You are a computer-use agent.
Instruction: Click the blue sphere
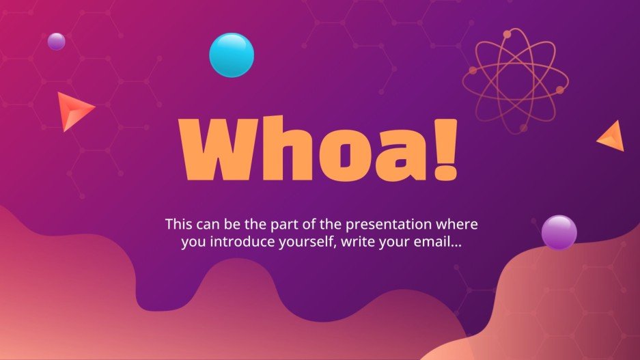tap(232, 55)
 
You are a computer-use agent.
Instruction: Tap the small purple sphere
tap(56, 42)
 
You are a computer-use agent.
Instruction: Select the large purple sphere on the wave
tap(559, 233)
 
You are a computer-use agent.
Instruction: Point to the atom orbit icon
tap(515, 81)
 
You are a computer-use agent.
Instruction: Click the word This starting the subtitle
tap(179, 224)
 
